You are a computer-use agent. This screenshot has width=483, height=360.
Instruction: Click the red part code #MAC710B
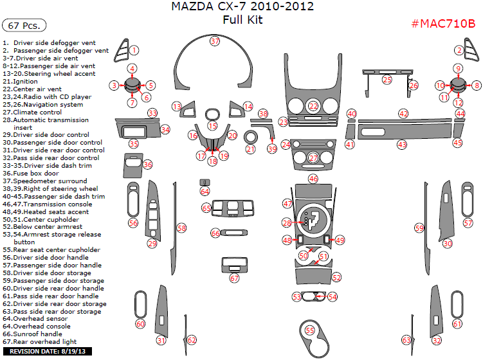coord(443,24)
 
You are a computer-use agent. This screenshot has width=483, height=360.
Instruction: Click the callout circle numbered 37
coord(215,41)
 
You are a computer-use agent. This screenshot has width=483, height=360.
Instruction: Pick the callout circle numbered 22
coord(313,106)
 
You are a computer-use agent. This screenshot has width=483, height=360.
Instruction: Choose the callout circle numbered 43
coord(402,145)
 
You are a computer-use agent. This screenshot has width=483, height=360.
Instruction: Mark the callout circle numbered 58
coord(182,228)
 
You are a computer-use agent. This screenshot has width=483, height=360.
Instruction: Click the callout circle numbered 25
coord(387,80)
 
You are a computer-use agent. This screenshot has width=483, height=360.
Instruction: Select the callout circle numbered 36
coord(148,165)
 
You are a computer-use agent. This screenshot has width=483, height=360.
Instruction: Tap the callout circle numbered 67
coord(234,278)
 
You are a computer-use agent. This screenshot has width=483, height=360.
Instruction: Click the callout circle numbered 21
coord(250,149)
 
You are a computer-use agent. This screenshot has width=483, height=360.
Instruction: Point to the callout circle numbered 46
coord(313,179)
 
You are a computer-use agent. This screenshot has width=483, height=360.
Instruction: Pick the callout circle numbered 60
coord(140,324)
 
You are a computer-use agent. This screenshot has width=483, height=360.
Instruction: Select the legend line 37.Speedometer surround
coord(44,181)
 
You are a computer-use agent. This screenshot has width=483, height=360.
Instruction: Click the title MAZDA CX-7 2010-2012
coord(242,7)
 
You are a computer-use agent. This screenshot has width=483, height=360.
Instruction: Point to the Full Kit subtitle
coord(242,20)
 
